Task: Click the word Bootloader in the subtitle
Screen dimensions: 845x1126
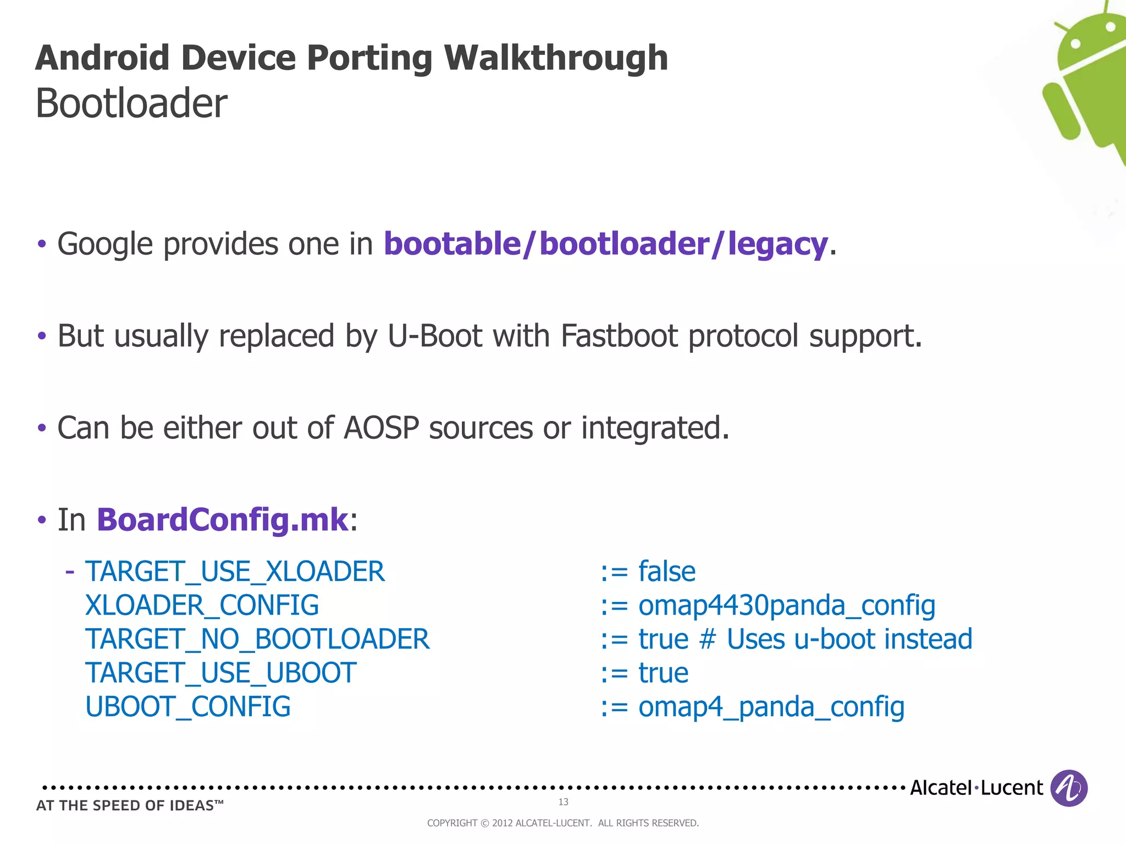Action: (x=131, y=103)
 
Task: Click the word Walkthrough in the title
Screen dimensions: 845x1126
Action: (x=556, y=57)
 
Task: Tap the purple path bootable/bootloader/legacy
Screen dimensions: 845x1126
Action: (x=605, y=244)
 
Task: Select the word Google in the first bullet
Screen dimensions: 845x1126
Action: (x=105, y=244)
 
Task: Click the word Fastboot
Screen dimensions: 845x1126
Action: (x=619, y=336)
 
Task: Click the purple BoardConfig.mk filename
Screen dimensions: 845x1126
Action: (x=222, y=519)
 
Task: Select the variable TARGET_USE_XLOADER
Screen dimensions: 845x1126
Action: (x=235, y=572)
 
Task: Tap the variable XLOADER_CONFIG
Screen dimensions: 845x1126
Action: (x=202, y=605)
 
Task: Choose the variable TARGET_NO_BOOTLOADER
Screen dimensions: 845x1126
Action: (x=257, y=639)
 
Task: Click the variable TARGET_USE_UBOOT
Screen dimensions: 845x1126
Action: (x=220, y=673)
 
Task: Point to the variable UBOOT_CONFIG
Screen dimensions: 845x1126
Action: (x=187, y=707)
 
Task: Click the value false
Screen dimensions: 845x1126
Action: (x=666, y=572)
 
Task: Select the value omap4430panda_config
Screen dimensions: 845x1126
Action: (x=786, y=605)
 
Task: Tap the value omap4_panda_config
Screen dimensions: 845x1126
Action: (x=771, y=707)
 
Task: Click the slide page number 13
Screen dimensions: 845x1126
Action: (x=563, y=802)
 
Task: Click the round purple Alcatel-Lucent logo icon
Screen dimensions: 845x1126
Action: (x=1068, y=788)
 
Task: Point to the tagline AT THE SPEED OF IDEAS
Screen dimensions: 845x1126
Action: (x=130, y=805)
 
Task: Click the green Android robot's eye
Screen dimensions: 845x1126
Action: (x=1076, y=43)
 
